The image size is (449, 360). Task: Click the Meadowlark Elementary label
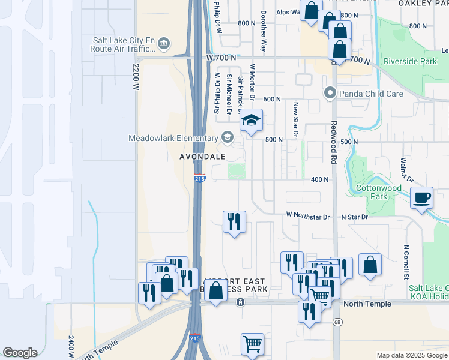pyautogui.click(x=173, y=138)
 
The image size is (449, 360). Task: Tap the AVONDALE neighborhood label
pyautogui.click(x=202, y=157)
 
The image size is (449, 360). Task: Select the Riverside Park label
pyautogui.click(x=411, y=61)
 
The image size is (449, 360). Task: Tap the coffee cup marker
pyautogui.click(x=422, y=197)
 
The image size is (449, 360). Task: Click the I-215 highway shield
pyautogui.click(x=200, y=179)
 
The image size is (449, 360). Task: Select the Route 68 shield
pyautogui.click(x=337, y=323)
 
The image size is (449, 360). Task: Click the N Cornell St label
pyautogui.click(x=406, y=263)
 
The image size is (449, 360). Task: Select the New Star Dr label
pyautogui.click(x=295, y=118)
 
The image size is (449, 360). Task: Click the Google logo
pyautogui.click(x=20, y=353)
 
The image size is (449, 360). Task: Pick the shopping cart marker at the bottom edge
pyautogui.click(x=252, y=344)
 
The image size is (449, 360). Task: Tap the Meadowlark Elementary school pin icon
pyautogui.click(x=226, y=138)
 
